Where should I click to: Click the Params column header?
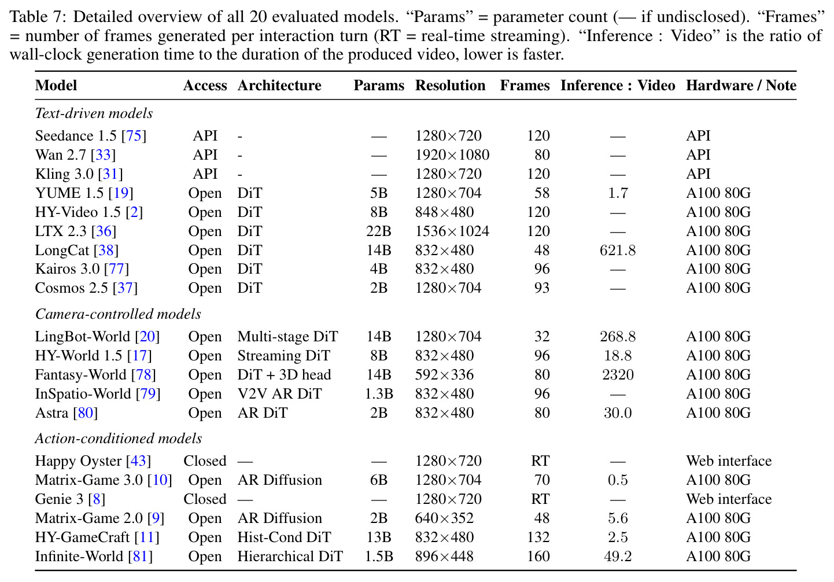click(x=379, y=86)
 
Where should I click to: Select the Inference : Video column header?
click(x=618, y=85)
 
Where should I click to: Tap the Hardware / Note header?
click(x=741, y=85)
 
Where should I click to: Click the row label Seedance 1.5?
click(x=76, y=135)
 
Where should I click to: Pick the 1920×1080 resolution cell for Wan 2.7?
click(x=452, y=155)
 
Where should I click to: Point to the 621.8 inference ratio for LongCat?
click(x=618, y=251)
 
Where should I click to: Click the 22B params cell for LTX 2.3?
click(x=379, y=231)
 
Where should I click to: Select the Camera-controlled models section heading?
click(x=118, y=314)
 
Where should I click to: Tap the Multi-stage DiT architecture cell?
click(x=287, y=337)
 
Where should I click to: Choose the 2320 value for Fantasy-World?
click(x=618, y=374)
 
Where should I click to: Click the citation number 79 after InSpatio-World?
click(x=148, y=394)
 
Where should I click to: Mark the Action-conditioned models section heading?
click(x=119, y=439)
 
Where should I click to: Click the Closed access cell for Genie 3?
click(x=205, y=499)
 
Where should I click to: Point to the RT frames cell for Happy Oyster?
click(x=540, y=461)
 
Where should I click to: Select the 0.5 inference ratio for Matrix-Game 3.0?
click(x=618, y=480)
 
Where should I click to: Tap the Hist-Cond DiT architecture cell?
click(x=284, y=537)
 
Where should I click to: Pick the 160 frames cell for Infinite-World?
click(x=538, y=557)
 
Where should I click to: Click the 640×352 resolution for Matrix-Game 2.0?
click(x=444, y=518)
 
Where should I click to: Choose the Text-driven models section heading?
click(x=94, y=113)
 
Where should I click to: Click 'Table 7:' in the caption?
click(x=38, y=17)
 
